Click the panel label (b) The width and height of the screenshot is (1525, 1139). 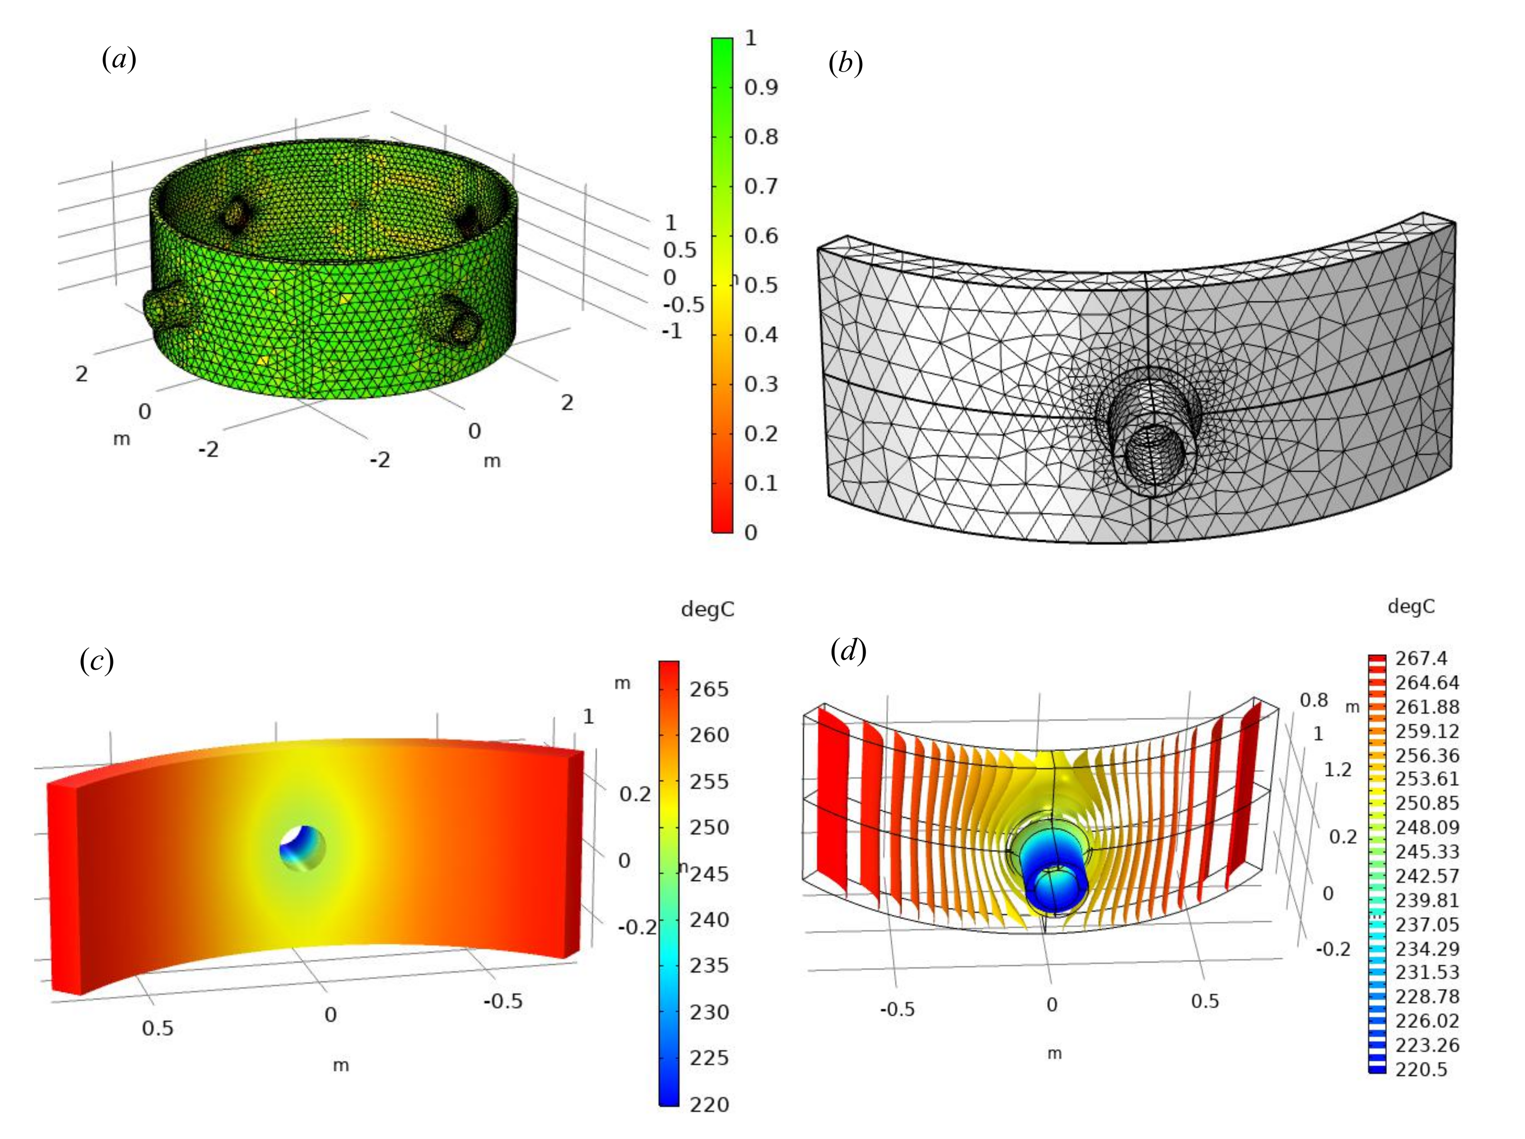[x=845, y=64]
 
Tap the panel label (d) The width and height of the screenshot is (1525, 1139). [x=848, y=650]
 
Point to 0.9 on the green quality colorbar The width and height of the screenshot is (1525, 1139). [x=761, y=87]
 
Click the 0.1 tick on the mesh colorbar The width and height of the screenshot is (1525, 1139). [x=761, y=483]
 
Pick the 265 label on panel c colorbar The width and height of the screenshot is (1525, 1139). [x=709, y=689]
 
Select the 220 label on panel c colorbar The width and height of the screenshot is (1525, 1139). [x=709, y=1104]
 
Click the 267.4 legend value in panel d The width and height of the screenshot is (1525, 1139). [x=1421, y=658]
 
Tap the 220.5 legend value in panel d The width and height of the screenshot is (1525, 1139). [x=1421, y=1069]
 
